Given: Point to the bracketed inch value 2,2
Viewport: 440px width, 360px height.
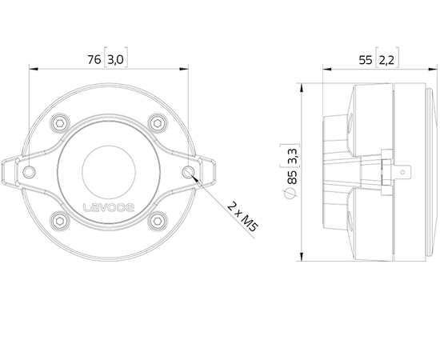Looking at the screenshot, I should tap(386, 58).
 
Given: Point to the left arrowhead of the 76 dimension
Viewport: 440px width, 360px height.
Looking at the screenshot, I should tap(31, 69).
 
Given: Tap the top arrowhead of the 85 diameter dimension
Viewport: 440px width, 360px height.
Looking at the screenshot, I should tap(300, 83).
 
